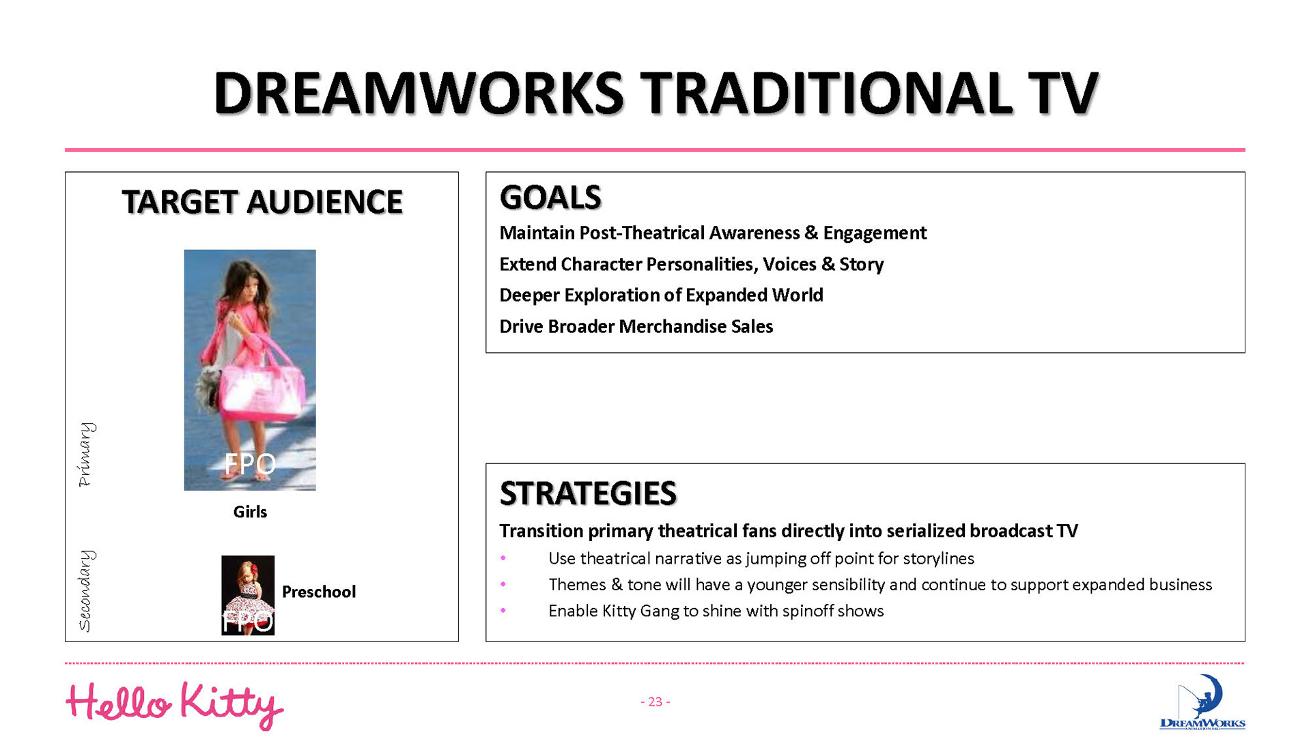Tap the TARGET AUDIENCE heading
click(x=262, y=202)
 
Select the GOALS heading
click(x=550, y=197)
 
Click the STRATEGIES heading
click(x=588, y=493)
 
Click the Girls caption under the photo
click(x=250, y=512)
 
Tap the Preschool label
click(x=319, y=592)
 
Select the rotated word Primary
click(x=85, y=454)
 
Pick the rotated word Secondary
click(x=85, y=591)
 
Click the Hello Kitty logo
click(x=174, y=705)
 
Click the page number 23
click(x=655, y=702)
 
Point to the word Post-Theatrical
click(x=642, y=233)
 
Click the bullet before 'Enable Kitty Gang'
click(x=503, y=611)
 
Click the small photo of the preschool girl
click(x=248, y=595)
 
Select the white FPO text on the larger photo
click(x=250, y=464)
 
